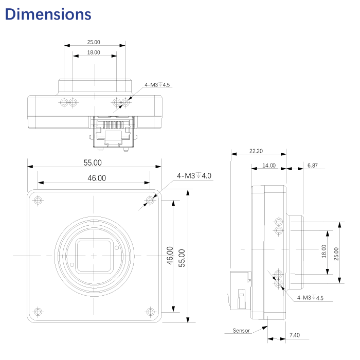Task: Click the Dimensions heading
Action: (x=48, y=14)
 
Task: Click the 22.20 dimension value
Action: (x=256, y=151)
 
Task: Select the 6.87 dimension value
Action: (x=312, y=166)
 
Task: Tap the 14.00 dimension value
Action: (x=268, y=166)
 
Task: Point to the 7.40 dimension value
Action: (x=294, y=335)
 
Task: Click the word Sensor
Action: (x=241, y=330)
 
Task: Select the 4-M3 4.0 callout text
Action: (x=194, y=176)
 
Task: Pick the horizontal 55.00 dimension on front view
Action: (x=93, y=163)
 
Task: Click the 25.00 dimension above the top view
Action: (x=94, y=42)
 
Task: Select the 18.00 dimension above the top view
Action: (x=94, y=52)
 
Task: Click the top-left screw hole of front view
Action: (x=37, y=200)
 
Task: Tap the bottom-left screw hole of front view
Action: (x=37, y=311)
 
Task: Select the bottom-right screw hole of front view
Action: (x=150, y=311)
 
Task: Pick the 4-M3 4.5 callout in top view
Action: (x=157, y=84)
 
